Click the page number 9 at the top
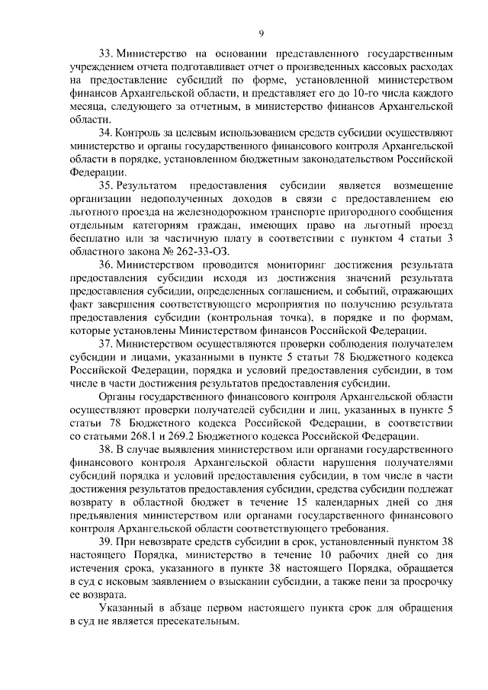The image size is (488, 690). coord(261,34)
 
